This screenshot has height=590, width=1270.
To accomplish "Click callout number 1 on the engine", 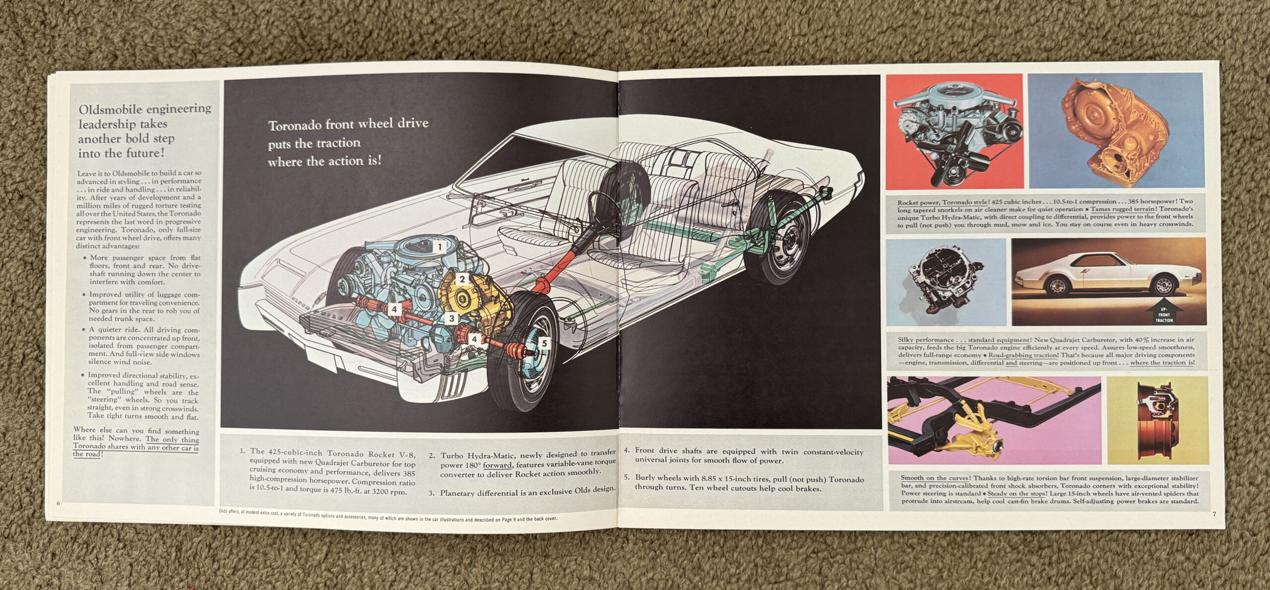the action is point(439,246).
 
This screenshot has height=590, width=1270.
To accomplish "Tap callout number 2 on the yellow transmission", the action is point(462,279).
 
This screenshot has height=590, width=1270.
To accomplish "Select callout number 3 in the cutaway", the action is point(451,319).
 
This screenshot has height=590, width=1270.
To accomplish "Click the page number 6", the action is point(59,504).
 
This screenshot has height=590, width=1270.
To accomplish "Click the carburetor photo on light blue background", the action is point(946,282).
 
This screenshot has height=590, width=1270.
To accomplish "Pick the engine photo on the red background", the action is point(954,131).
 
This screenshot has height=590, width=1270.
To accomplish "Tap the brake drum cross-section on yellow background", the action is point(1157,420).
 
